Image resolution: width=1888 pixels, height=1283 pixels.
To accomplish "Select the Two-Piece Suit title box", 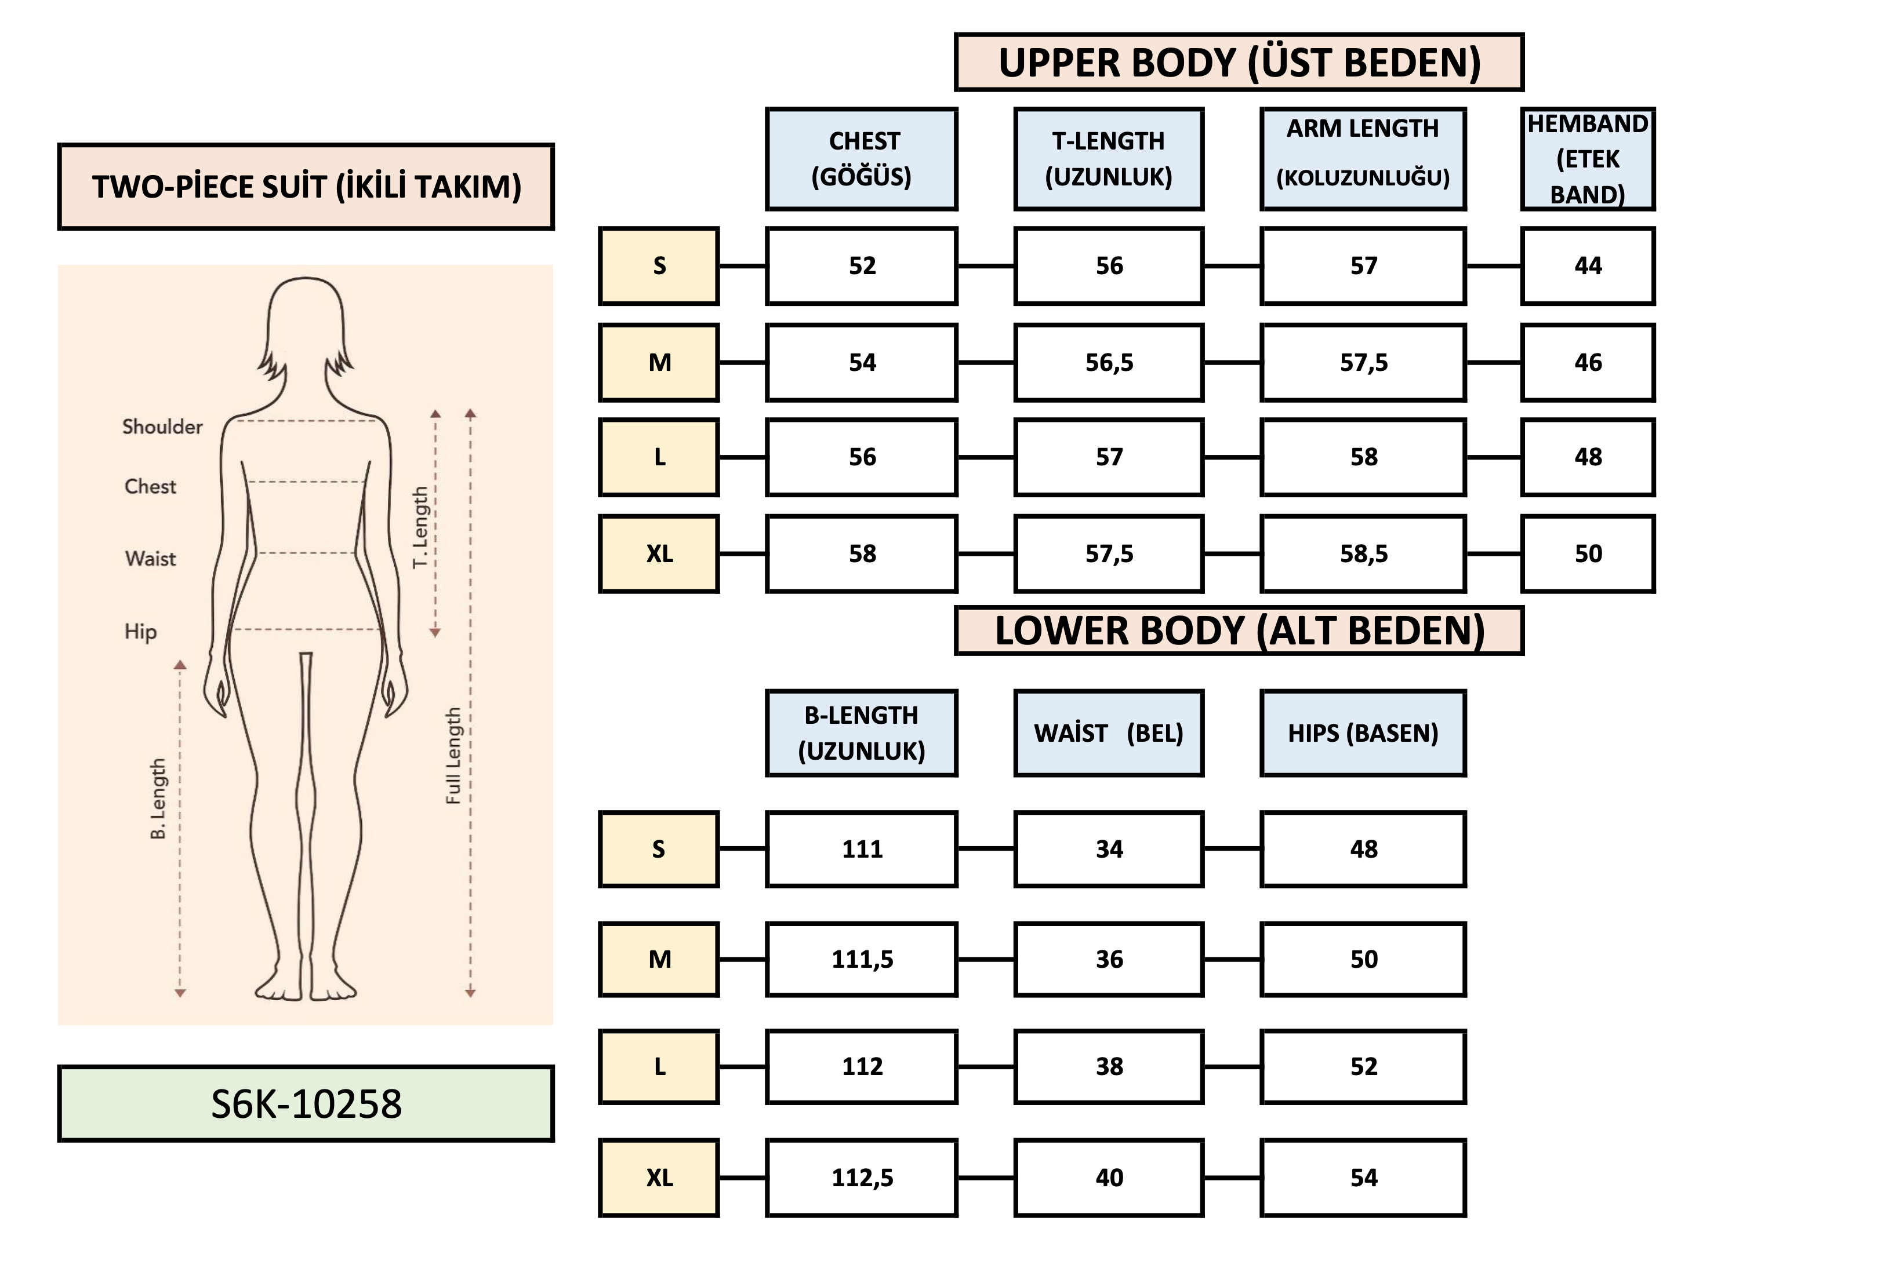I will pyautogui.click(x=306, y=187).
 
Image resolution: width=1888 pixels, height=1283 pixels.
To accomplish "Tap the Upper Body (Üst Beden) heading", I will pyautogui.click(x=1239, y=63).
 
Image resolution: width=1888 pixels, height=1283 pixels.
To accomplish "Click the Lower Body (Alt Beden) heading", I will pyautogui.click(x=1239, y=631).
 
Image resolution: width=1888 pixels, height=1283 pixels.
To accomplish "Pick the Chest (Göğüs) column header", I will pyautogui.click(x=862, y=159).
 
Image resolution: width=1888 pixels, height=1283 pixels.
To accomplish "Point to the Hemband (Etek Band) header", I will pyautogui.click(x=1588, y=159).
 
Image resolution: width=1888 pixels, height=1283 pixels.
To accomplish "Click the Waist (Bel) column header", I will pyautogui.click(x=1108, y=733).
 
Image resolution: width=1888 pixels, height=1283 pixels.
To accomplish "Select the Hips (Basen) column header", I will pyautogui.click(x=1363, y=733).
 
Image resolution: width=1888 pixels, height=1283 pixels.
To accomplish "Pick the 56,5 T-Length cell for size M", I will pyautogui.click(x=1108, y=362).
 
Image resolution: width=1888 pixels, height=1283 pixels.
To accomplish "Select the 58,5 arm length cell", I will pyautogui.click(x=1363, y=554).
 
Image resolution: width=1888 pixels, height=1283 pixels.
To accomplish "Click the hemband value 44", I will pyautogui.click(x=1588, y=265).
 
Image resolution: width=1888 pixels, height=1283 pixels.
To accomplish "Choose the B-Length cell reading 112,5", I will pyautogui.click(x=862, y=1178).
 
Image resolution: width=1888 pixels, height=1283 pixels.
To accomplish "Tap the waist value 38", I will pyautogui.click(x=1108, y=1066).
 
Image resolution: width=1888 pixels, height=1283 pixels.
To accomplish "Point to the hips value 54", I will pyautogui.click(x=1363, y=1178).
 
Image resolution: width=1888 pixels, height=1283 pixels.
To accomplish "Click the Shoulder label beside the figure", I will pyautogui.click(x=162, y=427).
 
